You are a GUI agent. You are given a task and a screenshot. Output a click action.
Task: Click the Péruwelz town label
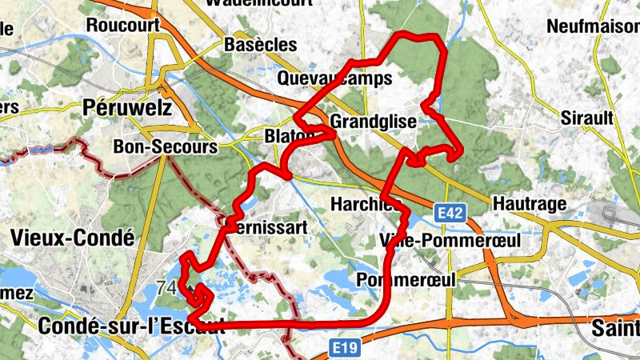128,106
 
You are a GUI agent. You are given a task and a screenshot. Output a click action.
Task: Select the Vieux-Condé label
72,238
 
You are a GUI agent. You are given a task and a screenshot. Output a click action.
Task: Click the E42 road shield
450,213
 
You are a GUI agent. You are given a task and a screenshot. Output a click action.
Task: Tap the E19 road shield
346,348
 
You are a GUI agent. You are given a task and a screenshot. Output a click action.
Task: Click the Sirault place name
587,118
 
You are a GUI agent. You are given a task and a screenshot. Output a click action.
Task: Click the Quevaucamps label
335,78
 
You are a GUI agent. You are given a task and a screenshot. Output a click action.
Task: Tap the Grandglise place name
373,122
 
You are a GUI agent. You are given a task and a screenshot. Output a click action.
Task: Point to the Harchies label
364,205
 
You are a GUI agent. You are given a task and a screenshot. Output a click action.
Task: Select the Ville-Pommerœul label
450,240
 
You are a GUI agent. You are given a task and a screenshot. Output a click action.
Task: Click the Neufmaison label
593,26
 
